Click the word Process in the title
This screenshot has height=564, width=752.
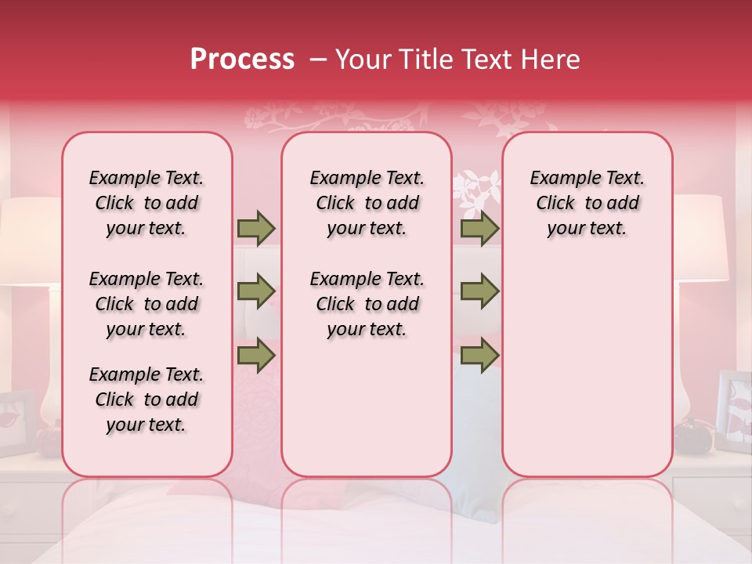coord(242,60)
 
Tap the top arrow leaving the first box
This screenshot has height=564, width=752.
coord(256,229)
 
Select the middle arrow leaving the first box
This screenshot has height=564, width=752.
coord(256,292)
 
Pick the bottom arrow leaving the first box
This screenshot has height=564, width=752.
coord(256,356)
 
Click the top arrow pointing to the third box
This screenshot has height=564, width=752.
coord(479,229)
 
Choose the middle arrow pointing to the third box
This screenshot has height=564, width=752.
coord(479,292)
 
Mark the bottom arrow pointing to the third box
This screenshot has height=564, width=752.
coord(479,356)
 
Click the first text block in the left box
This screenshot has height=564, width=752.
coord(146,203)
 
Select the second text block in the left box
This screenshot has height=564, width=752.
coord(146,304)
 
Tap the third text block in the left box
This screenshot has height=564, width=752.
coord(146,399)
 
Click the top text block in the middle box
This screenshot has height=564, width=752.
coord(367,203)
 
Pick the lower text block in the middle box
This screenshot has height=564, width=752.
coord(367,304)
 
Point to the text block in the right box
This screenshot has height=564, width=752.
coord(587,203)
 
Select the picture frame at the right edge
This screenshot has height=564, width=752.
coord(735,411)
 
